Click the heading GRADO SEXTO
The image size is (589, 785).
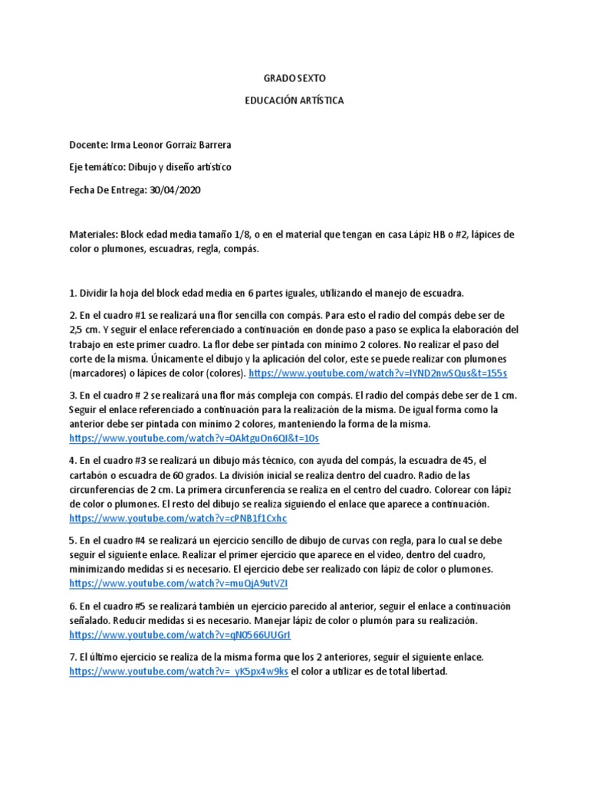294,78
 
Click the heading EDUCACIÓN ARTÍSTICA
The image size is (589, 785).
294,100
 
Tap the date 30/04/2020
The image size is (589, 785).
177,189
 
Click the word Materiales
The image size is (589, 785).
92,234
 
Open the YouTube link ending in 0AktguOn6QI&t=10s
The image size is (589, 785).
193,438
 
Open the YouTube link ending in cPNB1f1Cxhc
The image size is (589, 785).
178,517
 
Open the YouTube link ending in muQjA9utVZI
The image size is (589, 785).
179,583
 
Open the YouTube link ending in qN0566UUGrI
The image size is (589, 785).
180,635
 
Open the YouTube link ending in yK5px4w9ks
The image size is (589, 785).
179,672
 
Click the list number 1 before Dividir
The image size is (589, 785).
72,293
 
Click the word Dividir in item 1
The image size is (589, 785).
96,293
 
